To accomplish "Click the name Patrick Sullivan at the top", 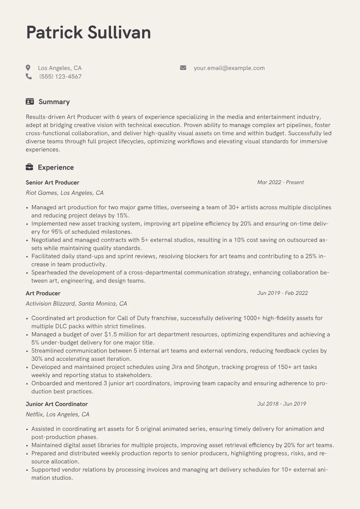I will [x=88, y=32].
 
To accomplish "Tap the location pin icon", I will [x=28, y=68].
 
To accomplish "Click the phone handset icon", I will [x=29, y=76].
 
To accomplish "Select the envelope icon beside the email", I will [x=183, y=68].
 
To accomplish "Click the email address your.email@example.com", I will [x=229, y=68].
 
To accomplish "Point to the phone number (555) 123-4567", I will [x=61, y=77].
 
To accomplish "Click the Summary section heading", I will [x=54, y=102].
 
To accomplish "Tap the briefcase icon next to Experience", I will [x=29, y=167].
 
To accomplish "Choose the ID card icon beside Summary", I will [x=30, y=102].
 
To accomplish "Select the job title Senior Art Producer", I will [x=52, y=182].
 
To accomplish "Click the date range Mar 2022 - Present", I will [x=280, y=182].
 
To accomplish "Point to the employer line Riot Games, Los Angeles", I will [x=64, y=193].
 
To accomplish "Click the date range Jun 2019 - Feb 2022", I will [x=282, y=293].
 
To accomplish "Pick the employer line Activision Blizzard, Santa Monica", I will [x=76, y=303].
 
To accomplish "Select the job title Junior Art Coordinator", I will [x=57, y=404].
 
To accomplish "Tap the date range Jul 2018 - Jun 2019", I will [x=281, y=404].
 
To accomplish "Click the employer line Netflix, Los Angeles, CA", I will [x=57, y=414].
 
